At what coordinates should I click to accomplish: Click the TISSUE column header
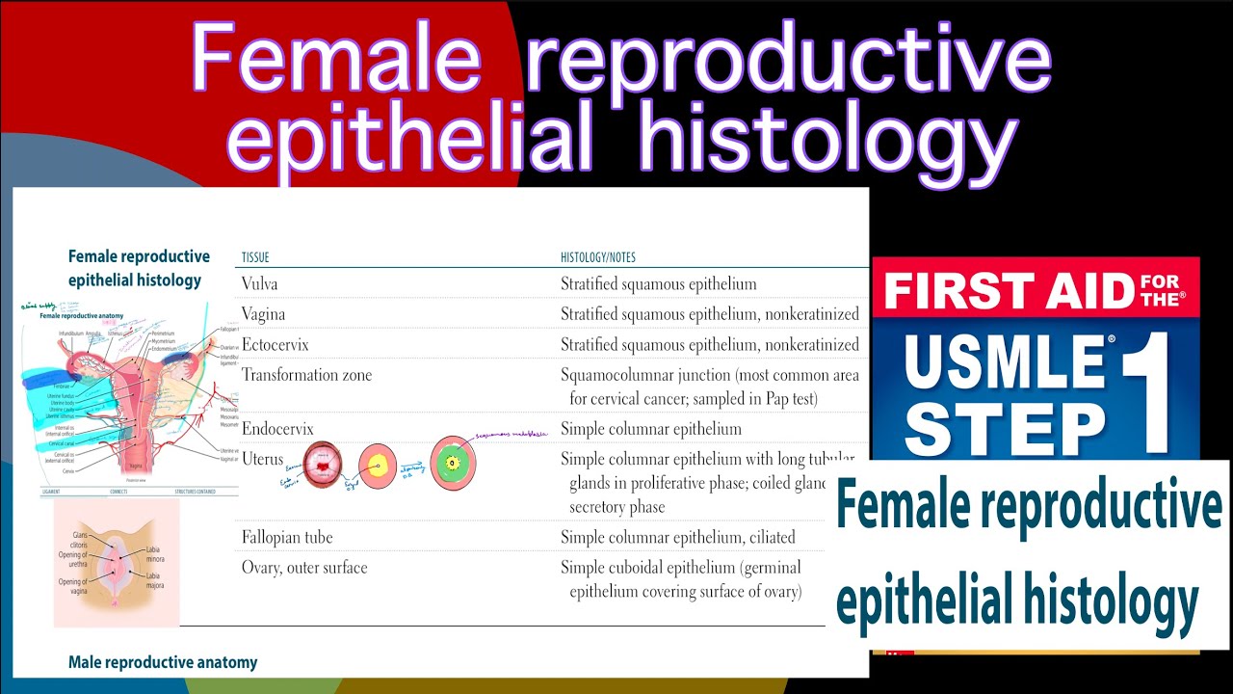pyautogui.click(x=255, y=258)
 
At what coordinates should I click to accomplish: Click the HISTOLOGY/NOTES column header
pyautogui.click(x=597, y=258)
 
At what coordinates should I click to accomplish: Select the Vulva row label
pyautogui.click(x=260, y=284)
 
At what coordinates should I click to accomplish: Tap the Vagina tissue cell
pyautogui.click(x=263, y=314)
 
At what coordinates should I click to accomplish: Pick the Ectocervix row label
pyautogui.click(x=275, y=344)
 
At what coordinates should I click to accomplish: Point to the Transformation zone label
pyautogui.click(x=306, y=375)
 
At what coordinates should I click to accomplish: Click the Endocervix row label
pyautogui.click(x=277, y=428)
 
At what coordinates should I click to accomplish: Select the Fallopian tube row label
pyautogui.click(x=287, y=537)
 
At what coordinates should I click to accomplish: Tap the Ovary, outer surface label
pyautogui.click(x=304, y=568)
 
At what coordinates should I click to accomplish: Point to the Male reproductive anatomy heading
pyautogui.click(x=163, y=662)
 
